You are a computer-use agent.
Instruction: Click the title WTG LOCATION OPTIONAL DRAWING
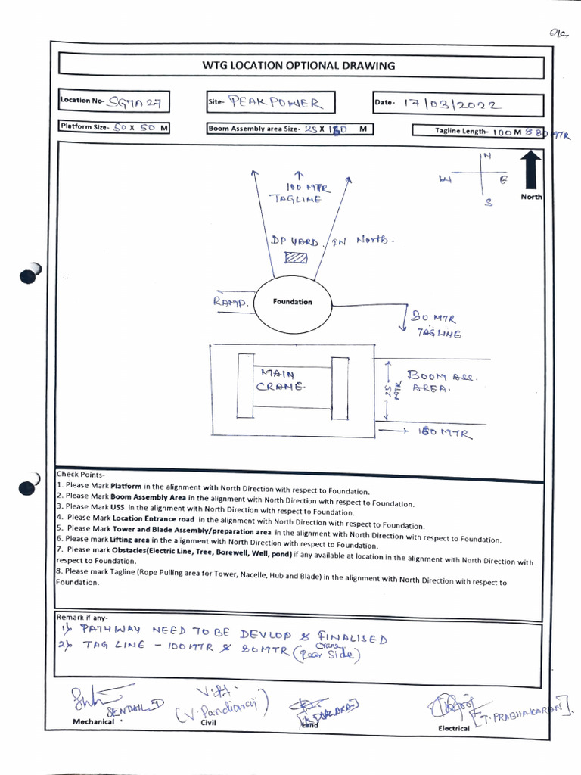point(298,66)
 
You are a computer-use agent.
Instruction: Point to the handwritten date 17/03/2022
point(451,104)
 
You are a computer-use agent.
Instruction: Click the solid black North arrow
point(530,170)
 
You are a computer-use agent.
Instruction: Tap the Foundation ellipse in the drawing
point(292,302)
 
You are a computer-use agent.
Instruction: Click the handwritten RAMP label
point(231,303)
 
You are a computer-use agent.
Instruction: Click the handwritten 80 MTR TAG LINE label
point(436,325)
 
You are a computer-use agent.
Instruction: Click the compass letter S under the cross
point(489,203)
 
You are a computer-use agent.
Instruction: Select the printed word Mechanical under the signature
point(93,721)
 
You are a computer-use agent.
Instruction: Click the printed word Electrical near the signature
point(454,728)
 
